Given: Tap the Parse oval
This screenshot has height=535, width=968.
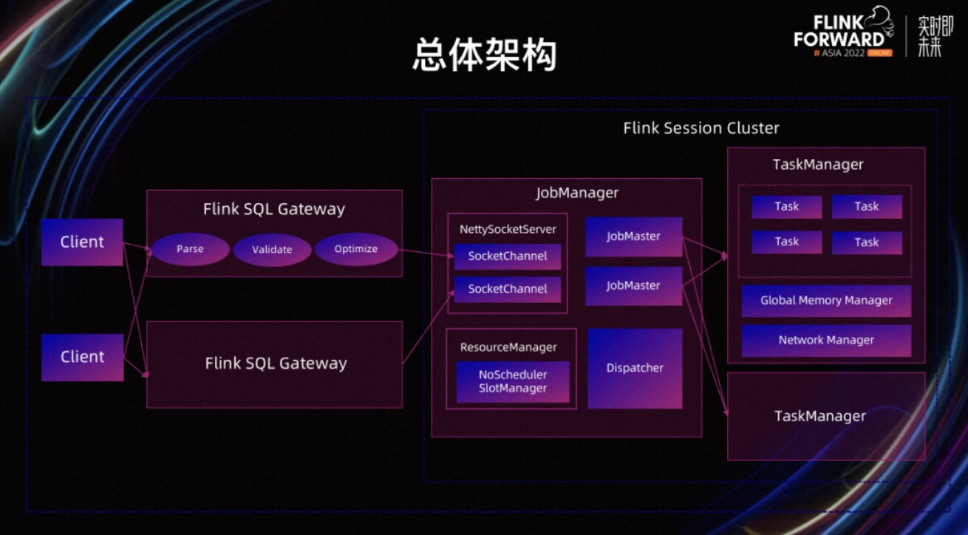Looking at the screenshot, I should [x=190, y=249].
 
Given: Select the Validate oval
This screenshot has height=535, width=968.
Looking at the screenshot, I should [x=272, y=250].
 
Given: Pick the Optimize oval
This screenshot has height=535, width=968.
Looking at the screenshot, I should [x=355, y=249].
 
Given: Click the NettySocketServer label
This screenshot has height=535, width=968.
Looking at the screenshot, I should [x=508, y=229].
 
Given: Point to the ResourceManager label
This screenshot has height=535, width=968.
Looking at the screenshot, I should [x=508, y=347].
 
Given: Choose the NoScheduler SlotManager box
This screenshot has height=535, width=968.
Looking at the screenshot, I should [x=513, y=382].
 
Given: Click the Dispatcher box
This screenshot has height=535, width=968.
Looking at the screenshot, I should [x=635, y=368].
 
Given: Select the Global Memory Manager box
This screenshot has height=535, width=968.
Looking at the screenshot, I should [x=826, y=301].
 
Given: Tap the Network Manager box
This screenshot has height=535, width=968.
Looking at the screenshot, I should [x=826, y=341].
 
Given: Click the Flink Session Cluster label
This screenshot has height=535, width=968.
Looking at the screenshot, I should [x=701, y=128].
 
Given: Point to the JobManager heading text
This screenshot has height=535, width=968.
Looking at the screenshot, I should [x=577, y=193].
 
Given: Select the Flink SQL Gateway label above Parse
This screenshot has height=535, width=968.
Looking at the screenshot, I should [x=274, y=209].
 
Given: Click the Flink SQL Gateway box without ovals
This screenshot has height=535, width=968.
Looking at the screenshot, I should [x=275, y=364].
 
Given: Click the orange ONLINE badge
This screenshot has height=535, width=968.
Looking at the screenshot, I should [x=880, y=53].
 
